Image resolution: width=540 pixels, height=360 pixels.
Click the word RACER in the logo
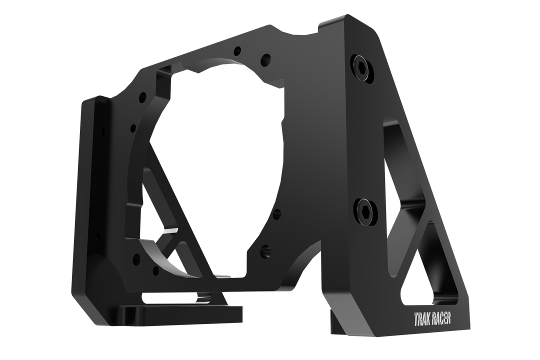point(442,318)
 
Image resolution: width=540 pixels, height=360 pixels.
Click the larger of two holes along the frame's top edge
point(265,58)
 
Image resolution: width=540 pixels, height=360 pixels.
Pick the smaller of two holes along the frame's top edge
point(237,50)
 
